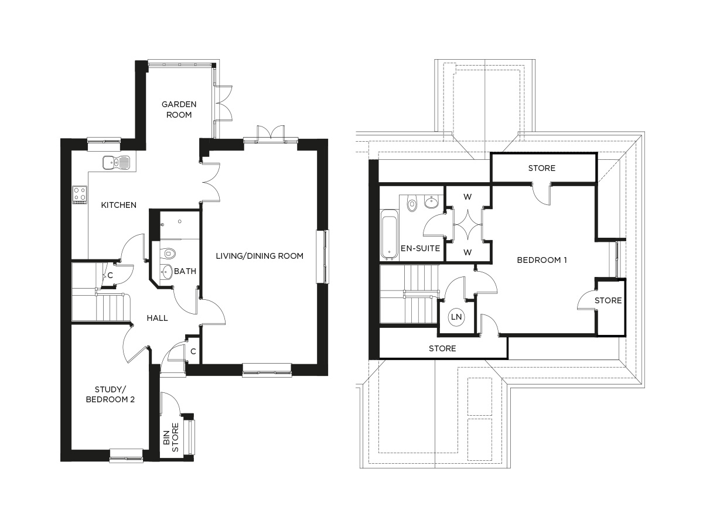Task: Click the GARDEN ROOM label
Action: (x=179, y=109)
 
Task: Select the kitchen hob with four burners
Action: (x=80, y=195)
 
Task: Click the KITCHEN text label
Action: (x=119, y=205)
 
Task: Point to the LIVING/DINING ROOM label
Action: (x=260, y=256)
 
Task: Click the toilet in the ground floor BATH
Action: (x=169, y=254)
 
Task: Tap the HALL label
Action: (x=157, y=318)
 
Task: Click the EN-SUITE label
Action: (x=420, y=248)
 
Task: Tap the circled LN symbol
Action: (x=456, y=317)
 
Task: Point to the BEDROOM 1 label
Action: (x=542, y=259)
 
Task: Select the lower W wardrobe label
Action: (x=467, y=252)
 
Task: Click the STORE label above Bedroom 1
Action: (x=541, y=168)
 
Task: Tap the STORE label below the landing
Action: (x=442, y=348)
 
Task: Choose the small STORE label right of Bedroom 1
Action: (x=608, y=300)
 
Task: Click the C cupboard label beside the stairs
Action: (x=110, y=275)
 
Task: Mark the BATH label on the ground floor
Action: (x=185, y=272)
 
